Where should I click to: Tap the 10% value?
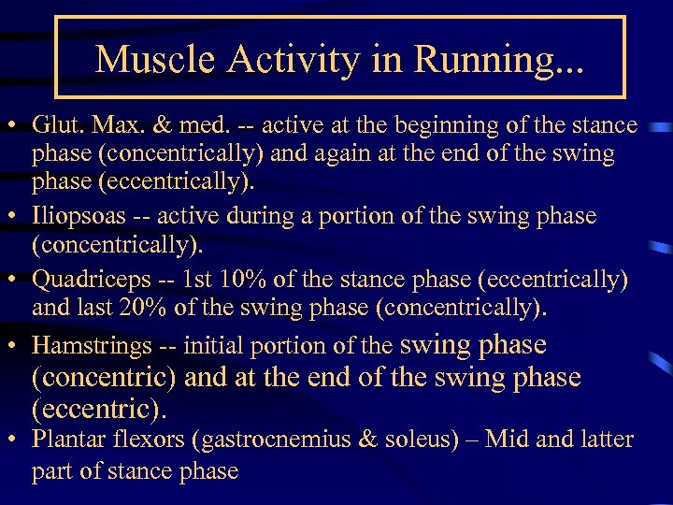click(x=228, y=280)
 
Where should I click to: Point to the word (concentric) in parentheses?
click(x=104, y=378)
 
